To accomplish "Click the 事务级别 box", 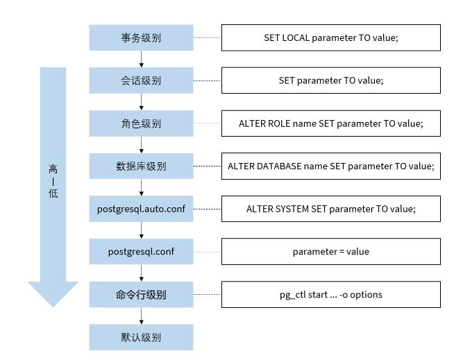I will [141, 38].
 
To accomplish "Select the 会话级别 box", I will [141, 80].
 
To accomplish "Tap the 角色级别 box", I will [141, 123].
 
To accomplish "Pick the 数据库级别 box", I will [141, 166].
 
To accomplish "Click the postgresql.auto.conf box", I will [141, 209].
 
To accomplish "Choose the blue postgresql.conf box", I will [141, 252].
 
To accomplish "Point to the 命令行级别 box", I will [141, 295].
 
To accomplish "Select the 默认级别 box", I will [141, 338].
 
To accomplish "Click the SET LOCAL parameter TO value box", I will [330, 38].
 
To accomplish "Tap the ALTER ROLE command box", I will [330, 123].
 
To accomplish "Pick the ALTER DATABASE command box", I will [330, 166].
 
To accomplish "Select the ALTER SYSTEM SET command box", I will [330, 209].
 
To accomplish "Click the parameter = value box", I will [330, 252].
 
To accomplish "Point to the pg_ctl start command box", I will [330, 295].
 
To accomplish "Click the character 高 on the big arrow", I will [53, 169].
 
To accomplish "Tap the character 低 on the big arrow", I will [53, 193].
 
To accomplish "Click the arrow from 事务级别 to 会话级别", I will [142, 59].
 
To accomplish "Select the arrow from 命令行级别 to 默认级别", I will [142, 316].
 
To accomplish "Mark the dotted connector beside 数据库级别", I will [207, 166].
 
